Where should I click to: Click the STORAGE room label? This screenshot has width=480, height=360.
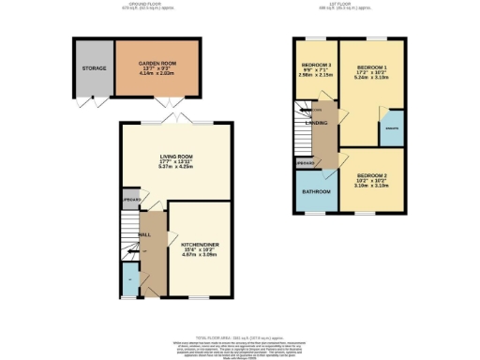[x=93, y=67]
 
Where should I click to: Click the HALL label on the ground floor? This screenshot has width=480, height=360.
[x=145, y=234]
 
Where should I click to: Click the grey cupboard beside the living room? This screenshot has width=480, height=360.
[x=130, y=200]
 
